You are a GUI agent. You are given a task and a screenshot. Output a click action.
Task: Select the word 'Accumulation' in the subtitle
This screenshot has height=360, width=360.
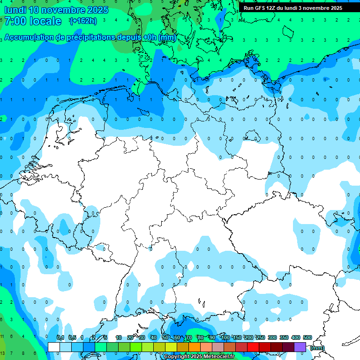pos(30,37)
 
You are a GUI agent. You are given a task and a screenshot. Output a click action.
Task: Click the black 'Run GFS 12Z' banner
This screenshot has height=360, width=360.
pos(300,8)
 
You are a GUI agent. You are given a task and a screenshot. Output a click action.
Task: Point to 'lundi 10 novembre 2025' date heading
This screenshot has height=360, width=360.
pos(56,10)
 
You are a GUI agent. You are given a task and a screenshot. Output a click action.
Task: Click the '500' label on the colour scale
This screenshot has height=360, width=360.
pos(307,337)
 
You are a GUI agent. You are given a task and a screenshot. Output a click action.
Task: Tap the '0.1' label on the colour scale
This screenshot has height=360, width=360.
pos(60,337)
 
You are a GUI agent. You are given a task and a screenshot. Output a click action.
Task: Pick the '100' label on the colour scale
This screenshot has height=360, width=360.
pos(225,337)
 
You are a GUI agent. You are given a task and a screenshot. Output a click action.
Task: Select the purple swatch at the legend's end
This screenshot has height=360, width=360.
pos(300,347)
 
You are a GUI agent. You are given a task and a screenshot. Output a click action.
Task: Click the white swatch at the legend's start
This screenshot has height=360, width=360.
pos(54,347)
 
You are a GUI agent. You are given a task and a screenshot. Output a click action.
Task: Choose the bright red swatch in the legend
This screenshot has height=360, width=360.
pos(253,347)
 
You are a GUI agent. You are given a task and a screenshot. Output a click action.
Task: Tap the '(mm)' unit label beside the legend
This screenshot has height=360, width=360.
pos(317,348)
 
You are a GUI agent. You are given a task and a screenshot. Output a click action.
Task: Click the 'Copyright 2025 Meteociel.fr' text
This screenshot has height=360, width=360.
pos(199,357)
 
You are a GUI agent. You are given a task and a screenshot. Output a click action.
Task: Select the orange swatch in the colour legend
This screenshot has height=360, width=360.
pos(195,347)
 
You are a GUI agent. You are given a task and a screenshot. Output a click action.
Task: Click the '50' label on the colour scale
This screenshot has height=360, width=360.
pos(165,337)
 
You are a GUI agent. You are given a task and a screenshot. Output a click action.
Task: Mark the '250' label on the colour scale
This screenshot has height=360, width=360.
pos(261,337)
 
